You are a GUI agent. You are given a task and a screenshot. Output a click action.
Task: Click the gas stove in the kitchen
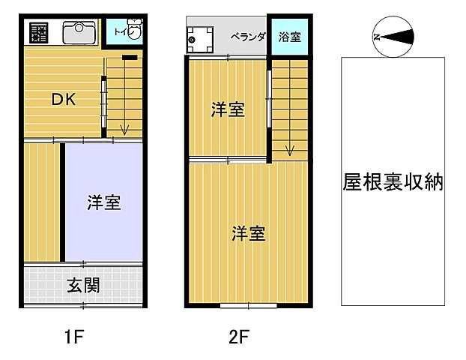point(39,34)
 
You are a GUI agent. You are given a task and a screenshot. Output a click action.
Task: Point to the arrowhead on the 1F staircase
point(124,132)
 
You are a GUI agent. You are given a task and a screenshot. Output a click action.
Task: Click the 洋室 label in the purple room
point(104,202)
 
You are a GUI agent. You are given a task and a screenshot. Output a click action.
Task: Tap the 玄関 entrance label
point(83,286)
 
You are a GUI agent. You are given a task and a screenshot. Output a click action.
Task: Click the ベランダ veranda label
point(247,35)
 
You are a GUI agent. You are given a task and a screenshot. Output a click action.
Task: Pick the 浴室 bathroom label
point(289,35)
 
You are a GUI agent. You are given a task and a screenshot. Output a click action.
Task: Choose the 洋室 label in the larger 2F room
point(248,233)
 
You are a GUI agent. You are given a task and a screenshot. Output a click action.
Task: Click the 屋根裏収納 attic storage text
point(393,182)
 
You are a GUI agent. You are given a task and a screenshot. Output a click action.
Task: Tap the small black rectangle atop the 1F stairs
point(129,58)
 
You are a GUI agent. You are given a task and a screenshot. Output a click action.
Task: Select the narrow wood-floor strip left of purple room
point(42,201)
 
